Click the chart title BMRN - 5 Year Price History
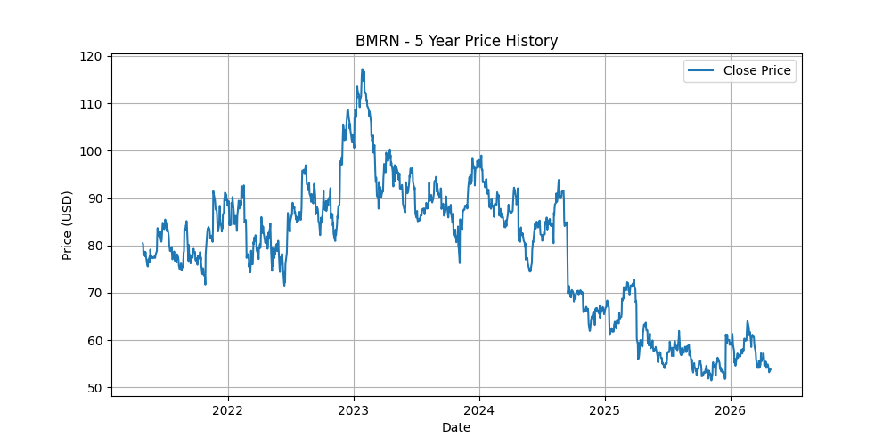click(x=456, y=41)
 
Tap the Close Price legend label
click(x=756, y=70)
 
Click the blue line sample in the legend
click(x=701, y=70)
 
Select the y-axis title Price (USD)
click(x=68, y=225)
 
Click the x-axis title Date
click(x=456, y=427)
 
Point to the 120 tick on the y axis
click(x=92, y=56)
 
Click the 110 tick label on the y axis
click(x=92, y=103)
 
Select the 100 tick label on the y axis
click(x=92, y=151)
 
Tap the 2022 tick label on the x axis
click(x=228, y=409)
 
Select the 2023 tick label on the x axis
click(x=354, y=409)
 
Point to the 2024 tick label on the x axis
click(x=479, y=409)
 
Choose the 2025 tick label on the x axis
click(x=605, y=409)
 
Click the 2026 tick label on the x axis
click(x=731, y=409)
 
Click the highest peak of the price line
click(x=362, y=69)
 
